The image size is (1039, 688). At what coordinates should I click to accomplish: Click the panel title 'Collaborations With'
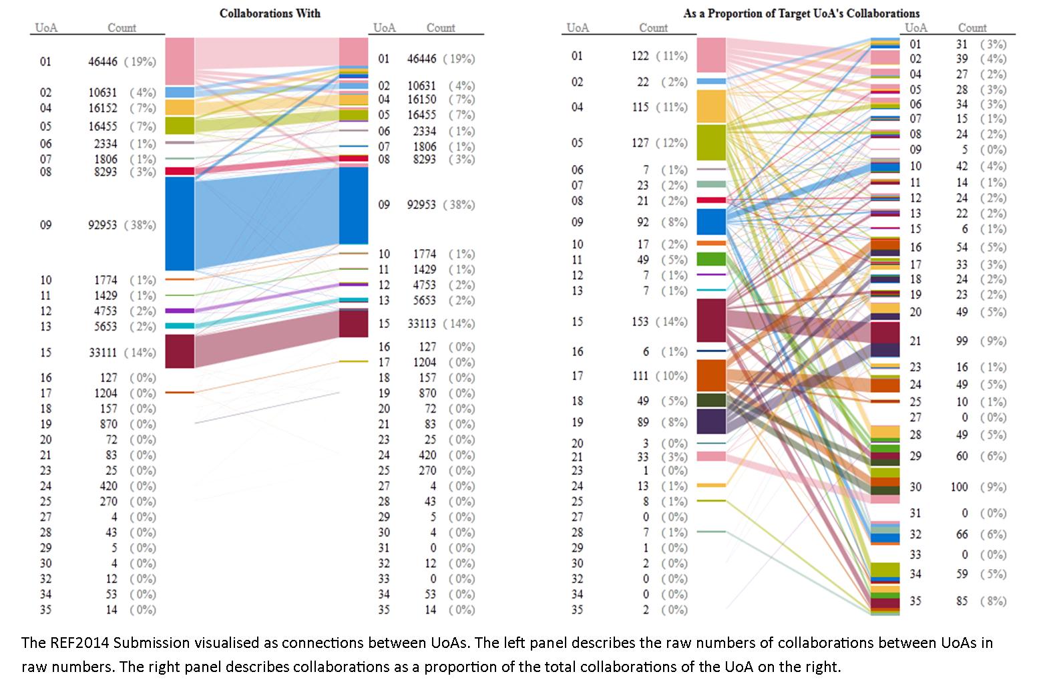coord(270,13)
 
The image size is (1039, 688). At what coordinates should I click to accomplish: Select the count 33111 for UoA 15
coord(103,353)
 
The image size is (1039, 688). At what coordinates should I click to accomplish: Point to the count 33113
coord(421,323)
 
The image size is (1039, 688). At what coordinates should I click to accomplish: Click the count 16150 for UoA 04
coord(421,100)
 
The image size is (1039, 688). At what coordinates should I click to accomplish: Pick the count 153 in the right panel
coord(640,321)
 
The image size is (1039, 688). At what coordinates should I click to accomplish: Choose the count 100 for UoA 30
coord(960,487)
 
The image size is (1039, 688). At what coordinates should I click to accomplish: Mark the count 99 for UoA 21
coord(962,341)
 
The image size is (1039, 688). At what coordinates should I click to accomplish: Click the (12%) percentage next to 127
coord(672,143)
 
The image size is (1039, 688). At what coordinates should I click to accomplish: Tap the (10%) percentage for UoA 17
coord(672,376)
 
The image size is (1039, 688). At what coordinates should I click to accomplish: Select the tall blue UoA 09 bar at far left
coord(180,224)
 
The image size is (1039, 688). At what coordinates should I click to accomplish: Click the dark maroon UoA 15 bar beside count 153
coord(711,321)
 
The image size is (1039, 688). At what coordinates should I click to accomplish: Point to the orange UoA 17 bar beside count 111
coord(711,375)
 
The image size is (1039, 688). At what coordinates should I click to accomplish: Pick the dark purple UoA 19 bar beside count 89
coord(711,421)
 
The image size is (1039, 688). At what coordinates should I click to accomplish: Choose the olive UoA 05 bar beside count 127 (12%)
coord(711,142)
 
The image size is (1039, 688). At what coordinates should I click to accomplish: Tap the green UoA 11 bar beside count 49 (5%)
coord(711,259)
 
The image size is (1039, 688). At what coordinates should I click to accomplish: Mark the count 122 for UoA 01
coord(640,55)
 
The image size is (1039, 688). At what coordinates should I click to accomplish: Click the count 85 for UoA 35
coord(962,600)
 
